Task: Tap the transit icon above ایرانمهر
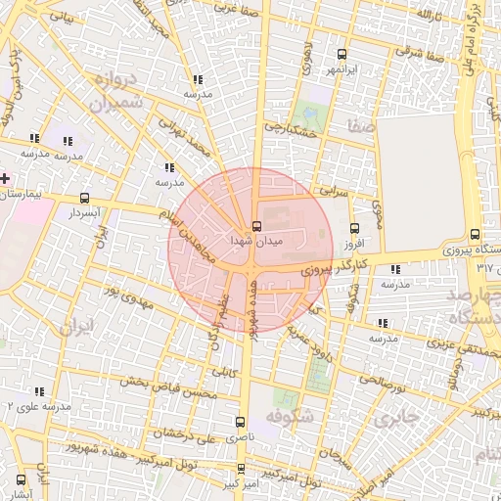[x=341, y=54]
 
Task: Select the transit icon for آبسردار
[x=85, y=197]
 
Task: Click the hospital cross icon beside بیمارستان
[x=6, y=178]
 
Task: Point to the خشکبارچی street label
[x=287, y=128]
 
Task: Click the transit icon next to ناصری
[x=241, y=422]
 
